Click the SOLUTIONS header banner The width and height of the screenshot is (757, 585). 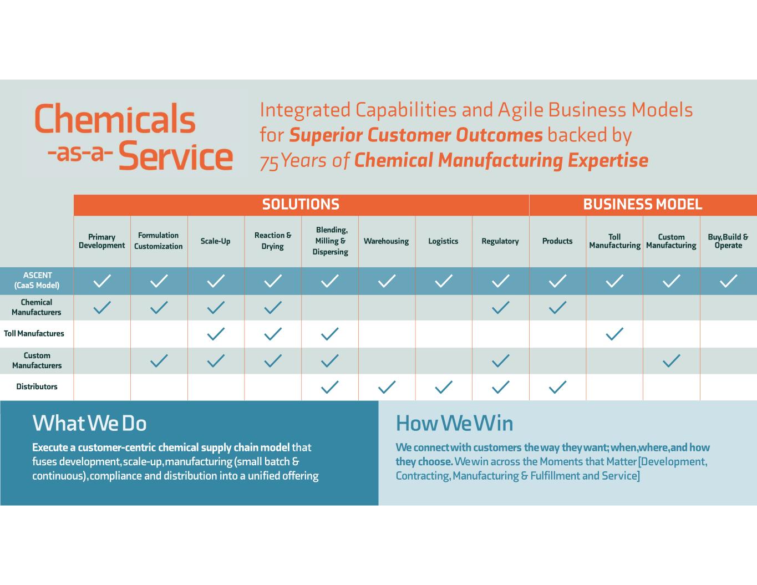pos(301,205)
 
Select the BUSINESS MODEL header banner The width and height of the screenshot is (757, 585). pos(642,205)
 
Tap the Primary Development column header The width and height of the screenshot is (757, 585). pos(102,241)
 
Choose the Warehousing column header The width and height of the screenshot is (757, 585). pos(386,241)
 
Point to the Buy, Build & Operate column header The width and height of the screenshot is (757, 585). pos(728,241)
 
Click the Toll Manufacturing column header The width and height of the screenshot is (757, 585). pos(614,241)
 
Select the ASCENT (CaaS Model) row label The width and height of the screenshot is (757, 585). pos(37,281)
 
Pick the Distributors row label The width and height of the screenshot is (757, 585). pos(37,387)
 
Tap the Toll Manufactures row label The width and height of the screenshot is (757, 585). pos(34,334)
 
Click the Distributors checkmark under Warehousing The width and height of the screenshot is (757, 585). pos(387,387)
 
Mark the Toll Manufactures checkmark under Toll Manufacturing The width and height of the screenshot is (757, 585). pos(614,334)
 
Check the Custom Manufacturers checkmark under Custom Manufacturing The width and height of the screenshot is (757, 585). pos(672,361)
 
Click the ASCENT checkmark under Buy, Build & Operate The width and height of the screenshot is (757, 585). pos(728,281)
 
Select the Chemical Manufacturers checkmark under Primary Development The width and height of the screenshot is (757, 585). pos(102,307)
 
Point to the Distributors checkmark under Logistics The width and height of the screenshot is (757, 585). pos(444,387)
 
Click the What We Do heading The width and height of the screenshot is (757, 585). pos(89,424)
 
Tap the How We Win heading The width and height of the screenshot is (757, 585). pos(454,424)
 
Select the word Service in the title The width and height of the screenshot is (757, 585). pos(175,156)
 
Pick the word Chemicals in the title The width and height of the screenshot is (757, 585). pos(115,118)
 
